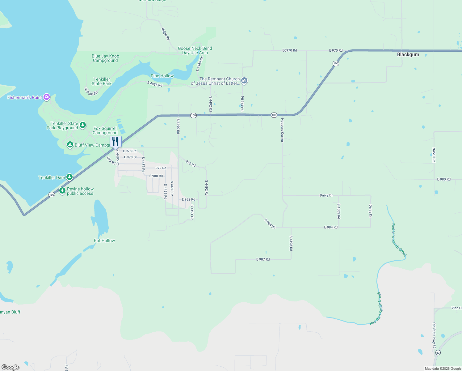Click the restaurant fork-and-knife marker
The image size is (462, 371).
pos(115,142)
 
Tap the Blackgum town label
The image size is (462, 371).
pos(408,54)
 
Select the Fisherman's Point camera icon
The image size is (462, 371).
pos(47,97)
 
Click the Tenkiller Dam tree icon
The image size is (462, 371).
pos(69,177)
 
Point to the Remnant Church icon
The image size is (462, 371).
pos(244,81)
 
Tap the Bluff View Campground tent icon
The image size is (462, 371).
pos(70,145)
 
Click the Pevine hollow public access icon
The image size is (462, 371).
pos(62,191)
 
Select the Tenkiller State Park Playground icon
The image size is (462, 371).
pos(83,125)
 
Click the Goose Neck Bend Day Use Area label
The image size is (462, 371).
pos(195,51)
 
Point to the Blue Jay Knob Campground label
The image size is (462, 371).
pos(105,58)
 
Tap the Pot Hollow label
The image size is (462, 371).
pos(104,241)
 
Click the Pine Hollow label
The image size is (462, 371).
pos(162,76)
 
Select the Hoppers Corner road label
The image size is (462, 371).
pos(282,130)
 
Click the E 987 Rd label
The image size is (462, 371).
pos(263,259)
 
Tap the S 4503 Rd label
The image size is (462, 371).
pos(339,211)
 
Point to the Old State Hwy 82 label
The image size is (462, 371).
pos(434,335)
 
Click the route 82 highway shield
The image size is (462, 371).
pos(438,353)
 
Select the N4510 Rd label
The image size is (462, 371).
pos(434,155)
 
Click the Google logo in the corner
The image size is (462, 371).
pos(10,367)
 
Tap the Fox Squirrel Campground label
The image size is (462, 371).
pos(105,130)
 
